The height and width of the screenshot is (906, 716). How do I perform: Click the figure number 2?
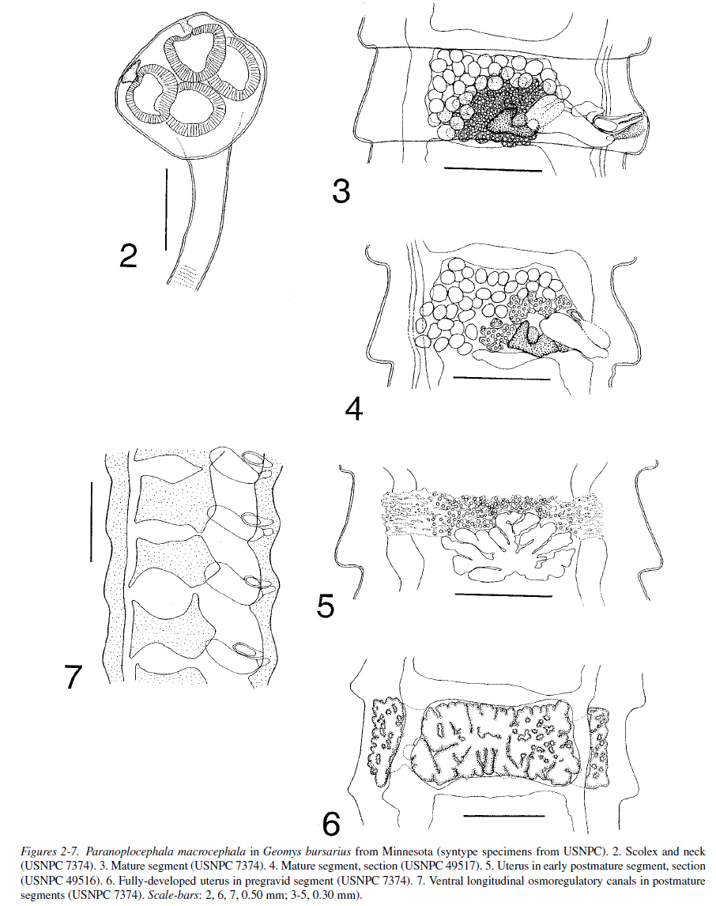(128, 256)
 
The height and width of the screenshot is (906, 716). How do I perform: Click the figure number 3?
(341, 191)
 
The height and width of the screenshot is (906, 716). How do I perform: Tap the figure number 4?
(354, 409)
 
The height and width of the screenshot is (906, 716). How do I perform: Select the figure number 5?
(326, 606)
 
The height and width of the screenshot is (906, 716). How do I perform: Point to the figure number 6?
(331, 824)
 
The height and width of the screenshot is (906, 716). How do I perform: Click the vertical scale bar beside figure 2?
(166, 210)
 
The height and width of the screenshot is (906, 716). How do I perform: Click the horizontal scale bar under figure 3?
(493, 171)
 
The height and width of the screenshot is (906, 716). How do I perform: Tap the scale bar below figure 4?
(502, 379)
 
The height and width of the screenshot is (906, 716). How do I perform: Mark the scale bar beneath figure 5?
(503, 595)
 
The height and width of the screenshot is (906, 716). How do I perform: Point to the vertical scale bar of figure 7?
(91, 521)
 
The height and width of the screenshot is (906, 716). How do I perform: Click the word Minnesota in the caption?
(405, 851)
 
